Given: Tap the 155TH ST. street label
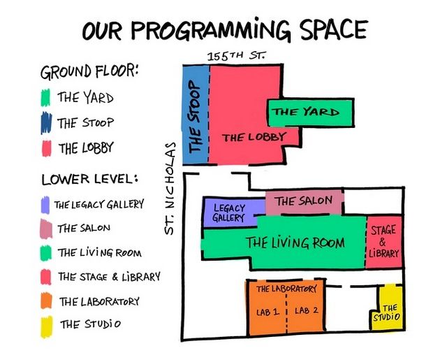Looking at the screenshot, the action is [236, 56].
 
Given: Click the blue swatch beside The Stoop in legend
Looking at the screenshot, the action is [46, 123].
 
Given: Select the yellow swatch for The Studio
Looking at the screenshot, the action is [47, 326].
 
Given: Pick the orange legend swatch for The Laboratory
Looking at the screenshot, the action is [46, 301].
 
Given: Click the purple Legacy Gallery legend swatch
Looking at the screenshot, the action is [45, 205].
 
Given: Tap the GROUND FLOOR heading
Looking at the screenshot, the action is [89, 71].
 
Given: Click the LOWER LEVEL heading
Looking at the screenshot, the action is [90, 179].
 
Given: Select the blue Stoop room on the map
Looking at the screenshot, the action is [196, 115].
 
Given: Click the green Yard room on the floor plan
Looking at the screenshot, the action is [311, 113].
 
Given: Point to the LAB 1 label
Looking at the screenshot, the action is [267, 312].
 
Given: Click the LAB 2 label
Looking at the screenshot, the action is [307, 310].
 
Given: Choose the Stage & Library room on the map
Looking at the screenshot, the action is [383, 242].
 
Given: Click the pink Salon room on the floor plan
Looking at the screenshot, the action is [304, 202].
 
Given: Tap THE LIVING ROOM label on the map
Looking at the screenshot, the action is [295, 243].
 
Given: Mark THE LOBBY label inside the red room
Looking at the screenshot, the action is [254, 138].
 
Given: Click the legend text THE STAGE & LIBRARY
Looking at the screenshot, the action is [109, 277].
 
